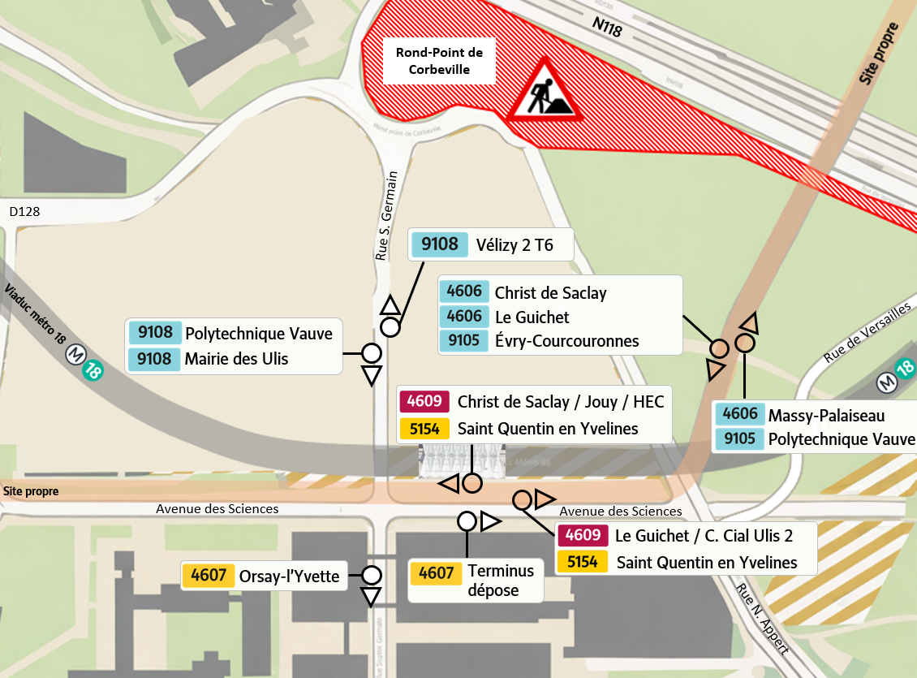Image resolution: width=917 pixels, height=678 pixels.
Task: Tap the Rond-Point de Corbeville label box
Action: pyautogui.click(x=439, y=61)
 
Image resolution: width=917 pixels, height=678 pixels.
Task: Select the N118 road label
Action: pyautogui.click(x=606, y=26)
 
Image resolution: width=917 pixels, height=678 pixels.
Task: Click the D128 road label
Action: pyautogui.click(x=25, y=212)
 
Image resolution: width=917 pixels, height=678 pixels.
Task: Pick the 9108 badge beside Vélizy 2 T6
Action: pyautogui.click(x=440, y=244)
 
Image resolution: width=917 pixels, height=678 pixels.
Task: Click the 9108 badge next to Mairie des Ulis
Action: pyautogui.click(x=155, y=359)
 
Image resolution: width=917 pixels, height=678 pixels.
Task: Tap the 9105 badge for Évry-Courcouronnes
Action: pyautogui.click(x=464, y=340)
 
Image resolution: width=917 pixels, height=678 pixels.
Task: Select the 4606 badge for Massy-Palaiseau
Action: pyautogui.click(x=740, y=415)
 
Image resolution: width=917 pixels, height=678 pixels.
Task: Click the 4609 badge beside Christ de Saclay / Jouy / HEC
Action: pyautogui.click(x=424, y=401)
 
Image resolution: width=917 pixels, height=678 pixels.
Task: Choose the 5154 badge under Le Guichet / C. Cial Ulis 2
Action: pyautogui.click(x=583, y=562)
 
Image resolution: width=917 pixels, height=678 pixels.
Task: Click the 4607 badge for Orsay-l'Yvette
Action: pyautogui.click(x=209, y=577)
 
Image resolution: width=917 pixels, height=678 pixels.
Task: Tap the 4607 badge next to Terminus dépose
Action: pyautogui.click(x=435, y=573)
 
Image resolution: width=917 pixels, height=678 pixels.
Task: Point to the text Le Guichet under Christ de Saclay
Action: pyautogui.click(x=532, y=317)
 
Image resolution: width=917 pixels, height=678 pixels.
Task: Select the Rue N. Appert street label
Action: pyautogui.click(x=762, y=617)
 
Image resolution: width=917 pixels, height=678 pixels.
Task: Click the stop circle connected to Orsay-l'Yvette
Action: pyautogui.click(x=371, y=576)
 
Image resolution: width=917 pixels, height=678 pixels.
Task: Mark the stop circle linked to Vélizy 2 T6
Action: pyautogui.click(x=390, y=327)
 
